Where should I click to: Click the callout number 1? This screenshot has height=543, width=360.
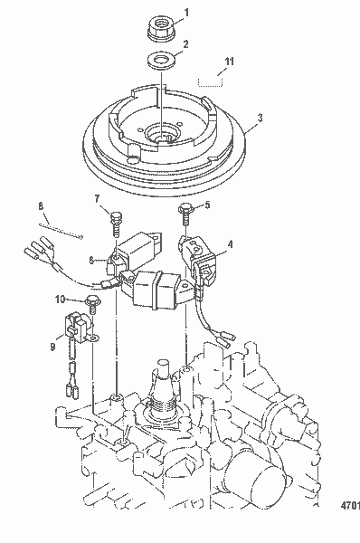[x=186, y=12]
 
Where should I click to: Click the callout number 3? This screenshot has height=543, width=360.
[x=260, y=117]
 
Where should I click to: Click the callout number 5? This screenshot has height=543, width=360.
[x=206, y=205]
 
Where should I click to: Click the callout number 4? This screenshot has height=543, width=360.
[x=230, y=243]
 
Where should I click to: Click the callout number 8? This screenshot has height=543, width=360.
[x=39, y=205]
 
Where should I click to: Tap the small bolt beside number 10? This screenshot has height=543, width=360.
[x=91, y=299]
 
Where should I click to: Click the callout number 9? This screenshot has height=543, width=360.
[x=52, y=344]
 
